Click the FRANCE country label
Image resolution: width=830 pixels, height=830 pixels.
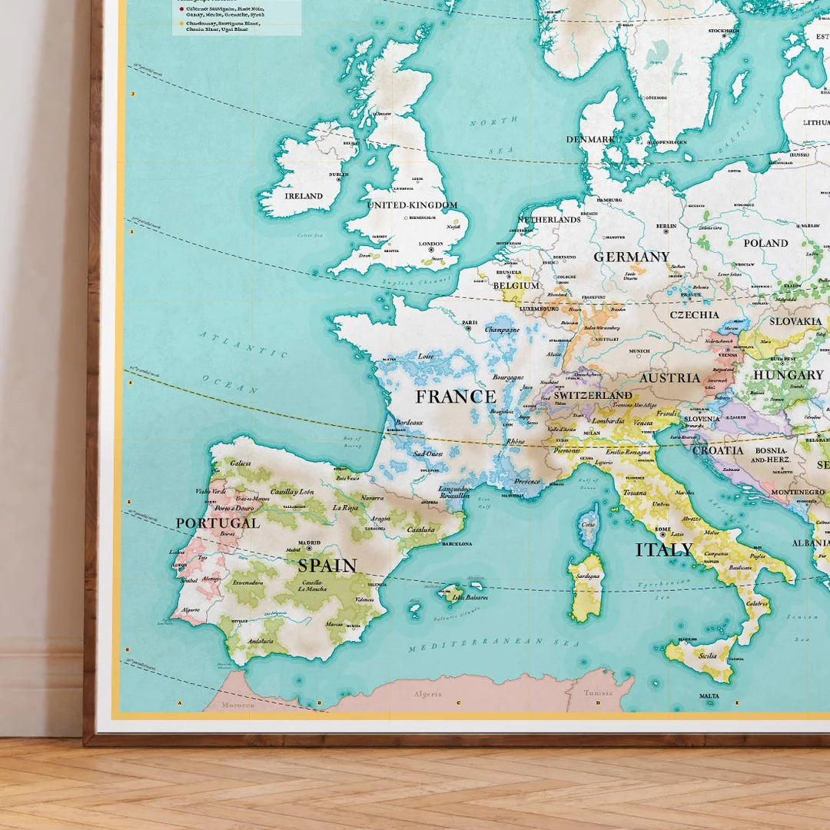coord(456,397)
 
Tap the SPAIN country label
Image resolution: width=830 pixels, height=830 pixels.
coord(327,566)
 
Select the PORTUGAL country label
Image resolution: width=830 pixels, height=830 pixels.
coord(217,523)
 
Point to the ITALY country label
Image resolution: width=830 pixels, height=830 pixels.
coord(664,549)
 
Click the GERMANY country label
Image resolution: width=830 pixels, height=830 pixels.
coord(631,257)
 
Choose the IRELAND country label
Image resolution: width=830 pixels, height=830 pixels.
coord(304,196)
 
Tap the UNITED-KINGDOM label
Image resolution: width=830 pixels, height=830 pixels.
coord(412,205)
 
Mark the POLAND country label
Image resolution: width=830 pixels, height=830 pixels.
coord(765,243)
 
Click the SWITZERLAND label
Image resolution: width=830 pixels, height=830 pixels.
coord(593,395)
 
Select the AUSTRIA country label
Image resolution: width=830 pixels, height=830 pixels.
coord(670,378)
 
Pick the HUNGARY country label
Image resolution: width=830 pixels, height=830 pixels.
coord(788,375)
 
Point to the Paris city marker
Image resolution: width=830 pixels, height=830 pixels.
coord(468,328)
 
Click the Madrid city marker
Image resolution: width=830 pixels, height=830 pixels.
coord(310,548)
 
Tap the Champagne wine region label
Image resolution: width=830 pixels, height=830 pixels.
coord(502,330)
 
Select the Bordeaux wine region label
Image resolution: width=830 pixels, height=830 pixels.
coord(409,423)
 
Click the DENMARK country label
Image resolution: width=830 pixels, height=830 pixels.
coord(590,139)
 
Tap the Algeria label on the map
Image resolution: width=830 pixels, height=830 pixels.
coord(428,694)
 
